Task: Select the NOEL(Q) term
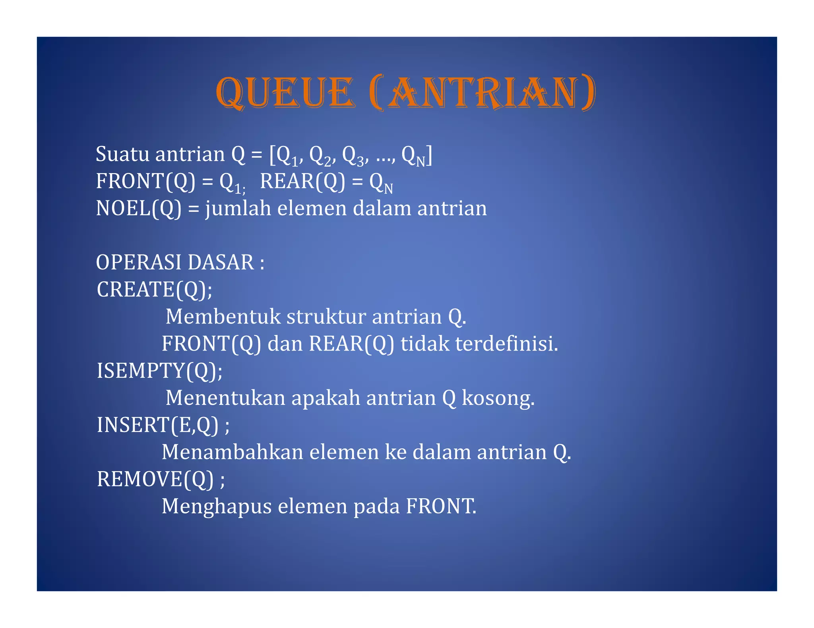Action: tap(138, 208)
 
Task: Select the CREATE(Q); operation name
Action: tap(154, 289)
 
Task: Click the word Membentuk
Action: tap(223, 317)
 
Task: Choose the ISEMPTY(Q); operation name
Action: tap(159, 371)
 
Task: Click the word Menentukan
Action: tap(225, 398)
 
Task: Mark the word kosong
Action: tap(498, 399)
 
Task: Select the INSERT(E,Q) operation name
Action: tap(157, 425)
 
